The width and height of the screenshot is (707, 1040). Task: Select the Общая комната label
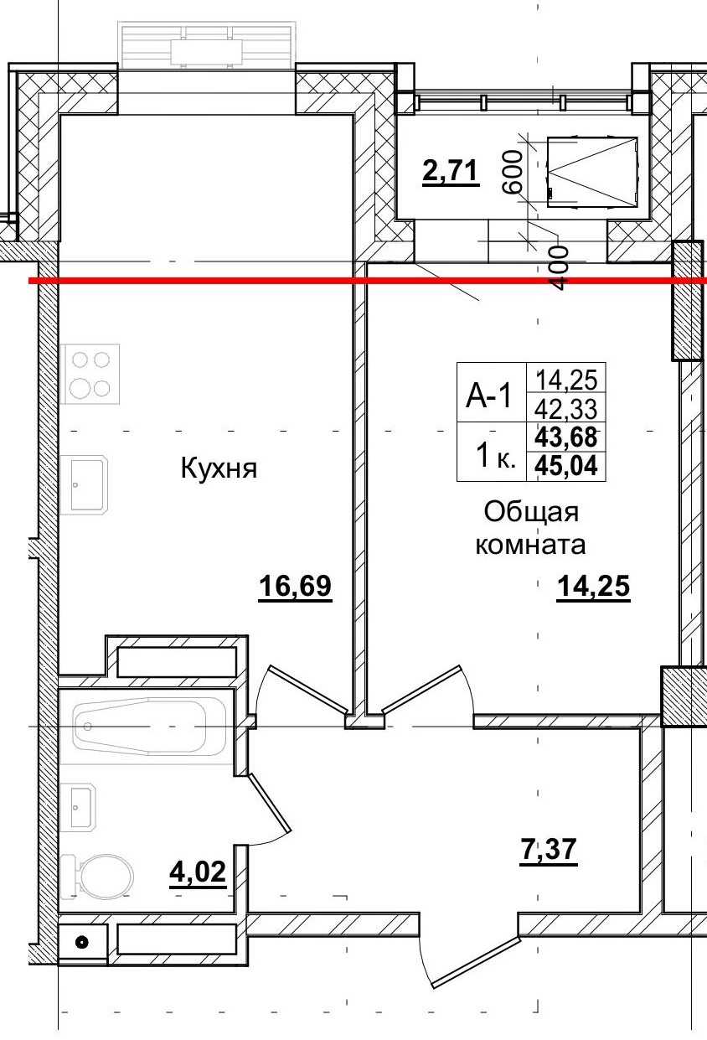530,528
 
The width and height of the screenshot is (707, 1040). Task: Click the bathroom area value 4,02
198,873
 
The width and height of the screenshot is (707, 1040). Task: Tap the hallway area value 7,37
545,851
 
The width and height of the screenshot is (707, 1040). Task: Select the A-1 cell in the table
489,395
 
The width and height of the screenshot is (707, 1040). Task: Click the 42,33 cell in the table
565,408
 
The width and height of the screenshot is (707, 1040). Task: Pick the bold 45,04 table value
565,466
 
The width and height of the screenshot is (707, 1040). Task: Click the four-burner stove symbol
90,374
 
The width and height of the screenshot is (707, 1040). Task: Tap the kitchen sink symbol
86,484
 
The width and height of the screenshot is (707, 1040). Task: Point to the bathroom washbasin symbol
80,806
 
